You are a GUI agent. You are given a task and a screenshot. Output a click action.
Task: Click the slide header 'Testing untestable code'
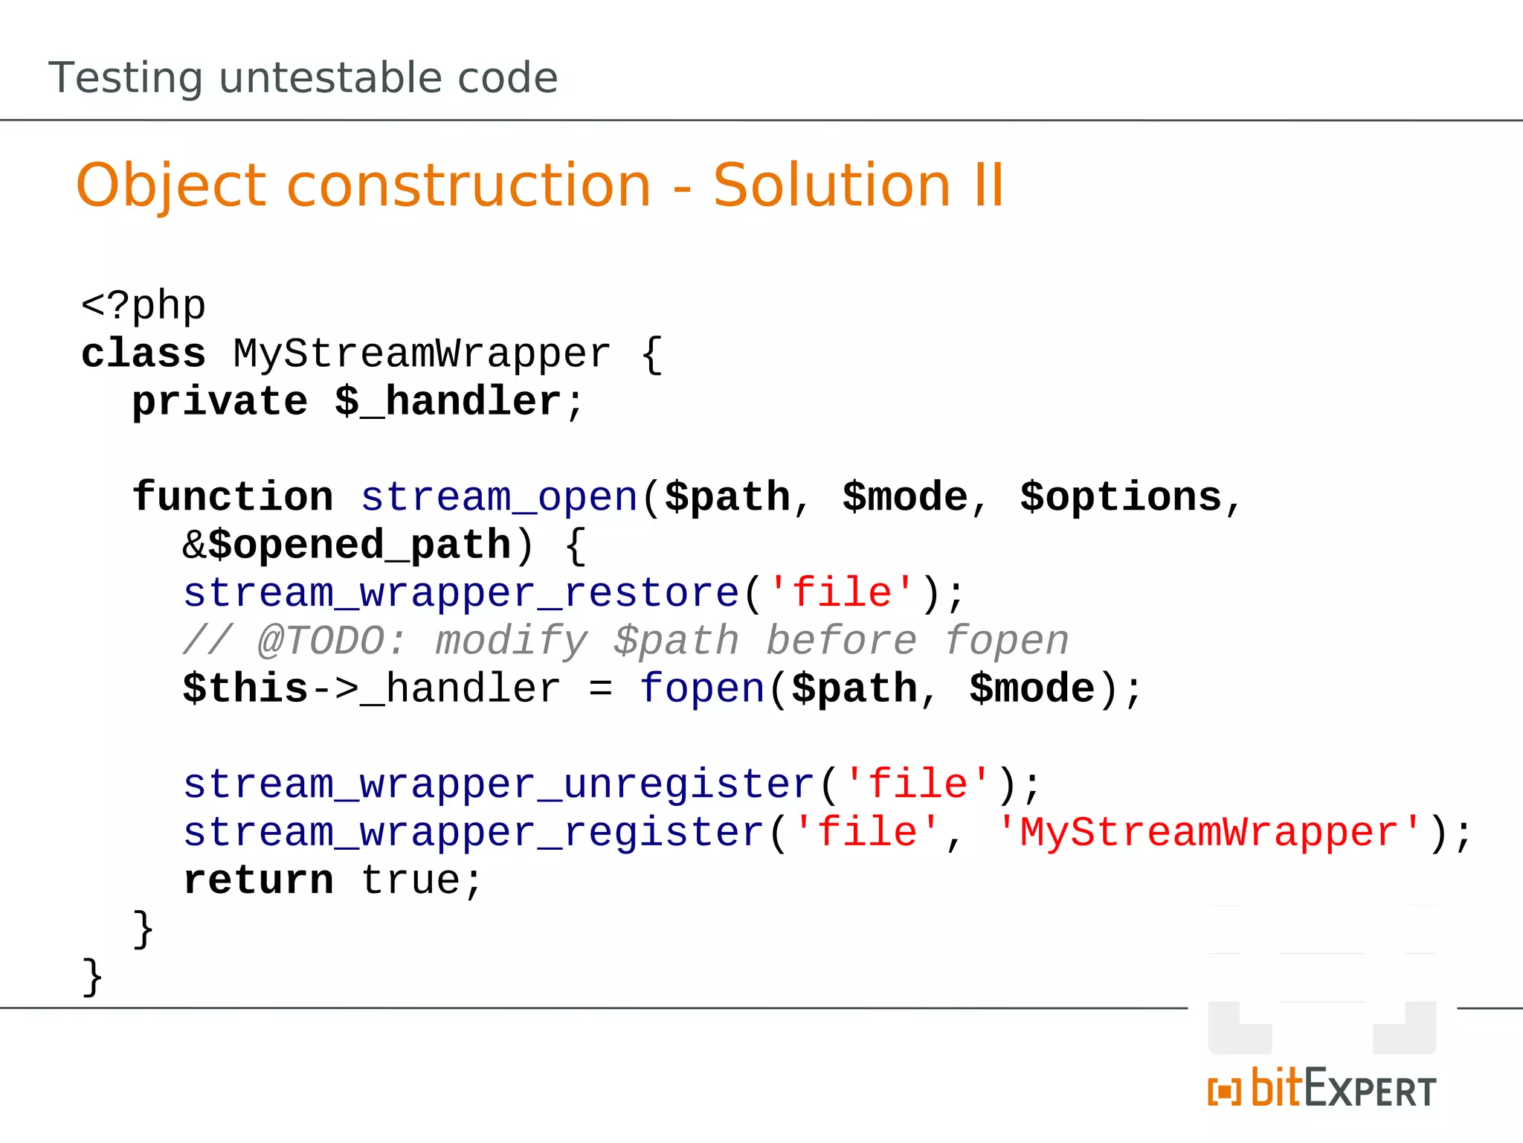point(303,77)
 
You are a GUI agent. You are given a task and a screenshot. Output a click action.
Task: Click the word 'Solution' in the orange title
point(831,185)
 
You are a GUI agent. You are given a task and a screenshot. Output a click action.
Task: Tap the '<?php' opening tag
point(143,305)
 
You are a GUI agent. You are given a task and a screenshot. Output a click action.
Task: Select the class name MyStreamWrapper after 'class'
point(422,353)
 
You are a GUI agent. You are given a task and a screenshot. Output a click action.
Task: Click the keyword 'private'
point(219,402)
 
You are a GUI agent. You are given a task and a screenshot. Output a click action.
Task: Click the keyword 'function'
point(233,497)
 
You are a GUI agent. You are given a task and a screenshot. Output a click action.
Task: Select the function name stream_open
point(499,497)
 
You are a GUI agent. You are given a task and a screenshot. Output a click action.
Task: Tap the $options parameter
point(1121,497)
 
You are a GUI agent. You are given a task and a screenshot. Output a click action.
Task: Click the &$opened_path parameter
point(347,545)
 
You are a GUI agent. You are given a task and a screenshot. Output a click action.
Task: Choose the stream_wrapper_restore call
point(461,593)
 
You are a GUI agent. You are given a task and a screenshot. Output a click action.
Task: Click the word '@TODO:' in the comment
point(332,641)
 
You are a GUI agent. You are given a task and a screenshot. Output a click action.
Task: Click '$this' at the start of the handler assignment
point(245,688)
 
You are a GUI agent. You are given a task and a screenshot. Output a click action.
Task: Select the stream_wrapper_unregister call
point(499,784)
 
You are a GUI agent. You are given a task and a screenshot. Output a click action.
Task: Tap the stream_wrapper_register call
point(474,832)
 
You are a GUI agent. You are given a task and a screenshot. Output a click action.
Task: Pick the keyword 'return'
point(258,880)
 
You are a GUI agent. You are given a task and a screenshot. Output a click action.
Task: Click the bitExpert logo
point(1321,1089)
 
